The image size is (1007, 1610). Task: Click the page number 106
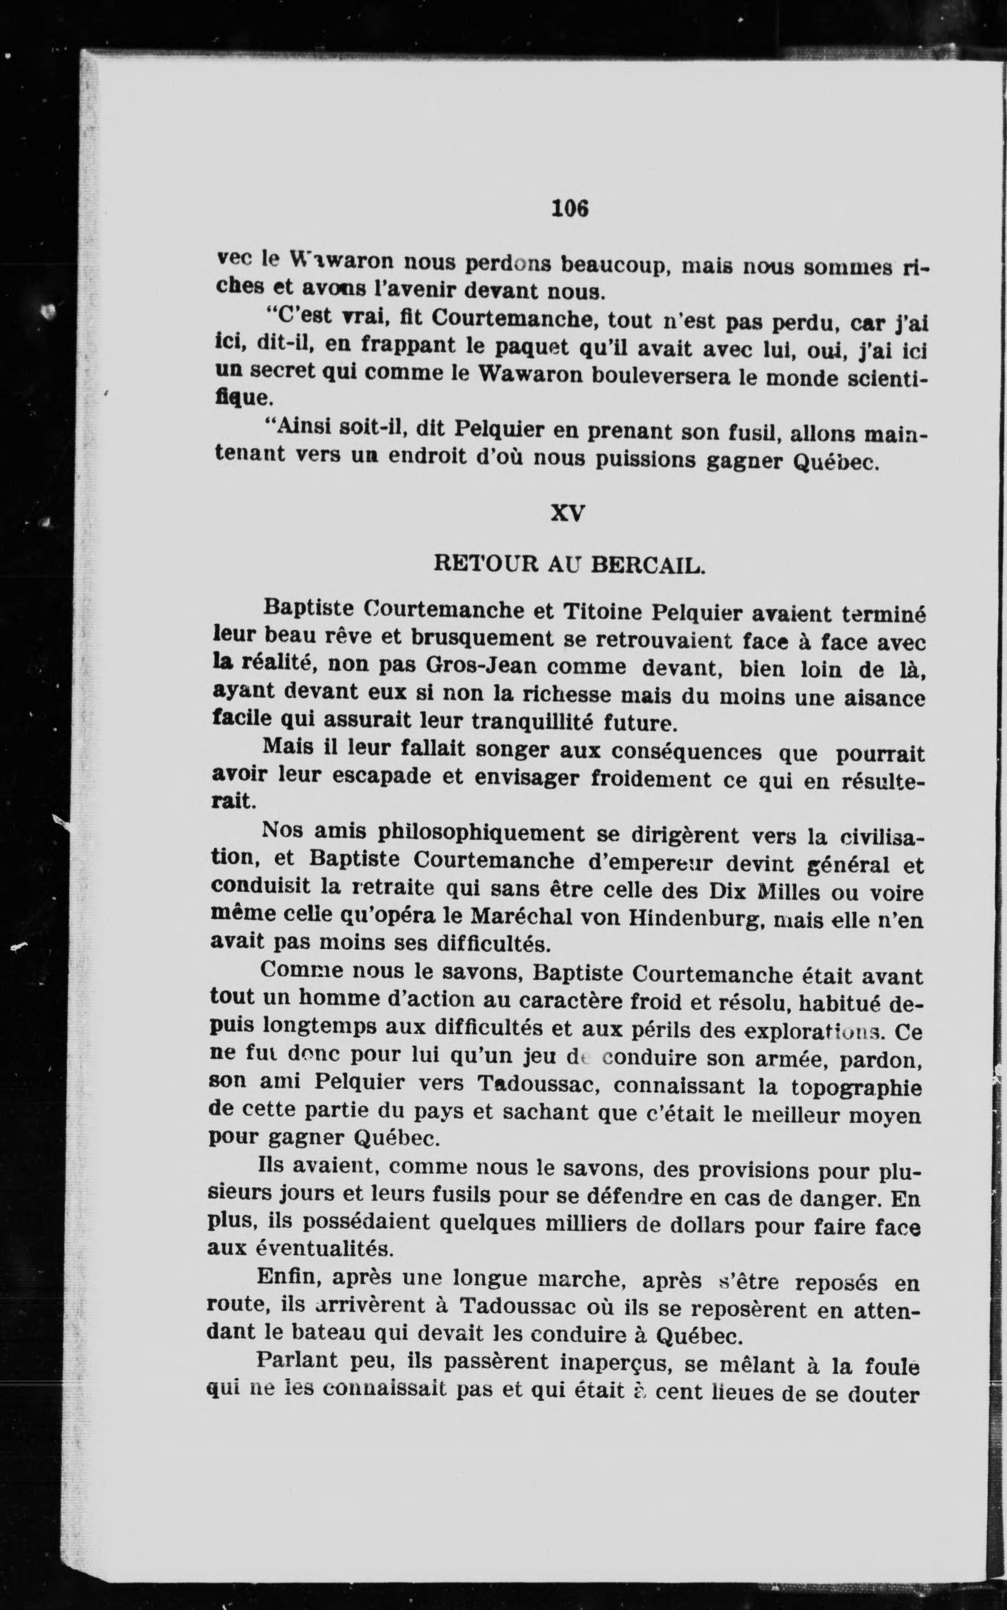571,209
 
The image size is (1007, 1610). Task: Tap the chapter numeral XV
568,514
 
